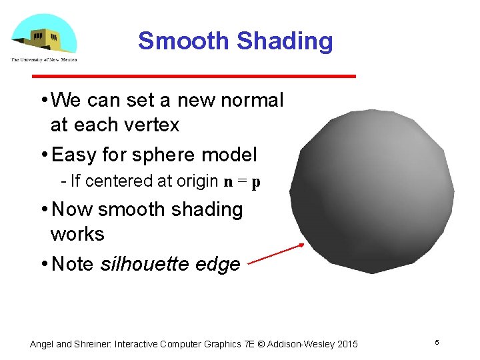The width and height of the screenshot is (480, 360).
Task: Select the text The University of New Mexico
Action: tap(44, 59)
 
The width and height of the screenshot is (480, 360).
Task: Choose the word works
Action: tap(77, 234)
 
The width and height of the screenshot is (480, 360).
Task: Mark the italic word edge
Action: tap(219, 265)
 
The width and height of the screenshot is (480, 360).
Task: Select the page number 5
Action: tap(437, 343)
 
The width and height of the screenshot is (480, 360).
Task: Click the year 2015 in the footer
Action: tap(347, 344)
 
